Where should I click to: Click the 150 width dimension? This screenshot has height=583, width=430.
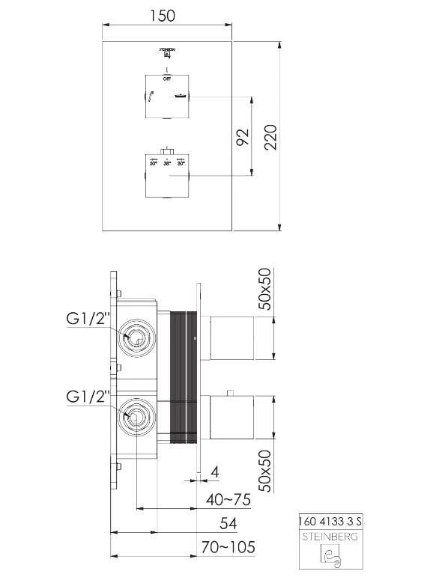[x=167, y=16]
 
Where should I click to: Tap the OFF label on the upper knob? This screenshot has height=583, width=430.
[x=166, y=77]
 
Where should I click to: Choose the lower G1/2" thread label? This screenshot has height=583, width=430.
[x=88, y=394]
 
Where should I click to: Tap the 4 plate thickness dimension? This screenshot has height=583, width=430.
[x=214, y=473]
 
